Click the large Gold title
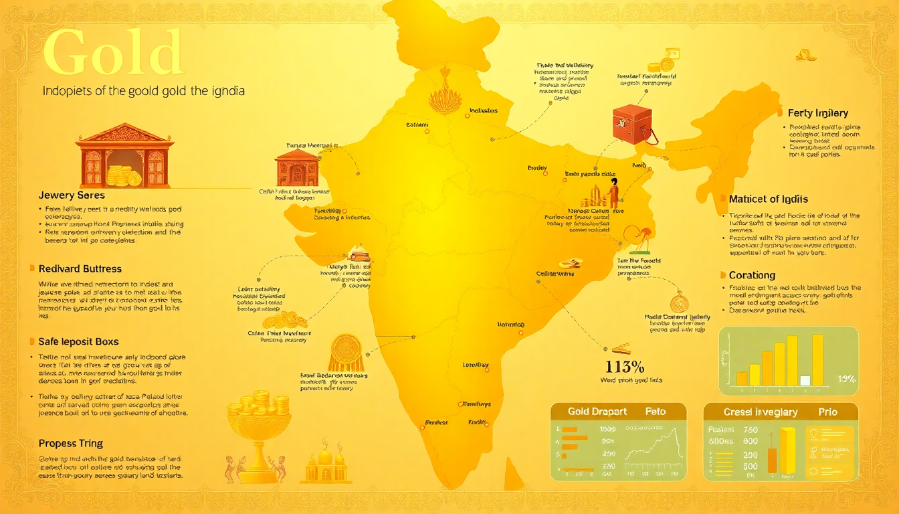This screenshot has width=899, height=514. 112,54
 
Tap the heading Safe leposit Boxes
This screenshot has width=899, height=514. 78,341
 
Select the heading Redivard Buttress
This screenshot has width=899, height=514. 80,268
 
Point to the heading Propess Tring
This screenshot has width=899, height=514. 71,443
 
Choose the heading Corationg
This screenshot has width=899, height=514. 752,275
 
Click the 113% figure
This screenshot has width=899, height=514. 624,366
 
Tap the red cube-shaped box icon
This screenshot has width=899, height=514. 631,126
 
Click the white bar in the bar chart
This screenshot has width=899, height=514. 805,380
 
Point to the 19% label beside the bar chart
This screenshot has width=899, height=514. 846,379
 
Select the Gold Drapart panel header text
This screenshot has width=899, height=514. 597,412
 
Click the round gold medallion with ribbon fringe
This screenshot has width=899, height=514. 346,351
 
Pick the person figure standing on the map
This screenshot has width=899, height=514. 613,191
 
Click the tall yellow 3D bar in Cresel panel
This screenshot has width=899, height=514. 788,450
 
